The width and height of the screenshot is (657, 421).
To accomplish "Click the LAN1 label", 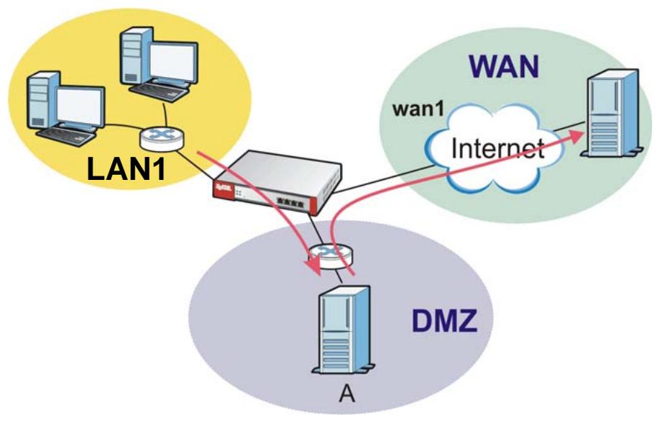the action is pyautogui.click(x=126, y=168).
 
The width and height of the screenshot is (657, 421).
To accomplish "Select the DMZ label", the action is pyautogui.click(x=444, y=321).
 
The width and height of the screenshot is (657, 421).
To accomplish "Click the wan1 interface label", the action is pyautogui.click(x=418, y=109).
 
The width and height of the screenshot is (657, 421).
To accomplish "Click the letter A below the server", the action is pyautogui.click(x=347, y=394).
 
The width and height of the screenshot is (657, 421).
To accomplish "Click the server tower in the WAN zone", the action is pyautogui.click(x=612, y=113).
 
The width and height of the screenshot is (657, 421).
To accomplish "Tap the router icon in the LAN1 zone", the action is pyautogui.click(x=162, y=138).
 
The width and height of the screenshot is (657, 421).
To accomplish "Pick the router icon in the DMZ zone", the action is pyautogui.click(x=331, y=256).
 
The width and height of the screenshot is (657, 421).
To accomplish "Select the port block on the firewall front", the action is pyautogui.click(x=290, y=202).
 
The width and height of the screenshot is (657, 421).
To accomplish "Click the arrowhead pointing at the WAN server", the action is pyautogui.click(x=577, y=136).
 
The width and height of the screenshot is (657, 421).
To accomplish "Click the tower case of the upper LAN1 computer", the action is pyautogui.click(x=135, y=57).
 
